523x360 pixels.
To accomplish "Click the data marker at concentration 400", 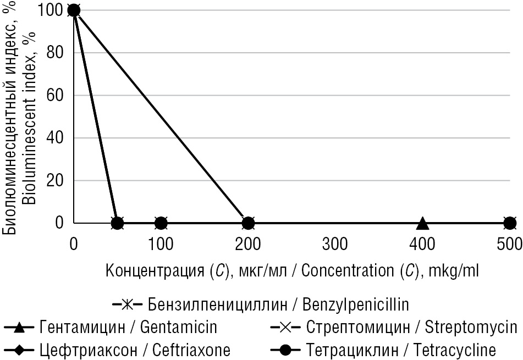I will pos(422,223).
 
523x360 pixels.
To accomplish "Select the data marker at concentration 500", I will pos(510,223).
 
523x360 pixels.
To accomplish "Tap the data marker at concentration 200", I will pos(248,223).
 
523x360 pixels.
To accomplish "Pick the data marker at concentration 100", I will pos(161,223).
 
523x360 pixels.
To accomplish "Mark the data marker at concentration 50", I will pos(117,223).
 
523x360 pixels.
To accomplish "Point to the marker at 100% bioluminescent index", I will pos(74,10).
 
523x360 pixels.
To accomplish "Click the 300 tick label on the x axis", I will pos(335,243).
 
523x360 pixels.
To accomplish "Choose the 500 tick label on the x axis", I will pos(509,243).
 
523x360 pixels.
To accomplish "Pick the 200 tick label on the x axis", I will pos(247,243).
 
